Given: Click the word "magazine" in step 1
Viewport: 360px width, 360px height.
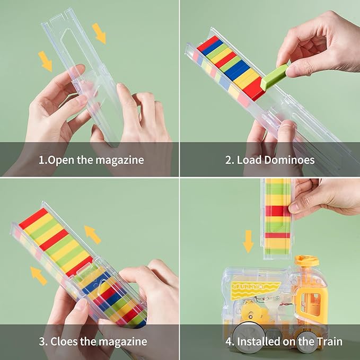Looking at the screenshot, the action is coord(119,160).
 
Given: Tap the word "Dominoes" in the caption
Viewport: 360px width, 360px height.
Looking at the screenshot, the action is coord(289,160).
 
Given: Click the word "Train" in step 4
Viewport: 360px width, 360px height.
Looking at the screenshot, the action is coord(330,341).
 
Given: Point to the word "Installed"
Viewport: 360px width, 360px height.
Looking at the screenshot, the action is coord(259,341).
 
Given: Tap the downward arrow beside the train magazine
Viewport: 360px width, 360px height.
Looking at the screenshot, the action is coord(248,242).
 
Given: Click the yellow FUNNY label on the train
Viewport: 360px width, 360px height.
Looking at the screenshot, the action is coord(254,289).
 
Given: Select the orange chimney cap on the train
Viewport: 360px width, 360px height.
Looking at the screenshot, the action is coord(307,260).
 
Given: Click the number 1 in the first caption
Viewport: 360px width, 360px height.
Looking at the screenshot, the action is coord(41,160).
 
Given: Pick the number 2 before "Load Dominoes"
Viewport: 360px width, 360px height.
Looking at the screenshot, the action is coord(229,160).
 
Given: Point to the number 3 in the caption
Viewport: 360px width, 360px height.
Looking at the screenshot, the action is coord(42,341).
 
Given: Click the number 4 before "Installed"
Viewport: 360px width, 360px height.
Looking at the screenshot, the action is coord(229,341).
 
